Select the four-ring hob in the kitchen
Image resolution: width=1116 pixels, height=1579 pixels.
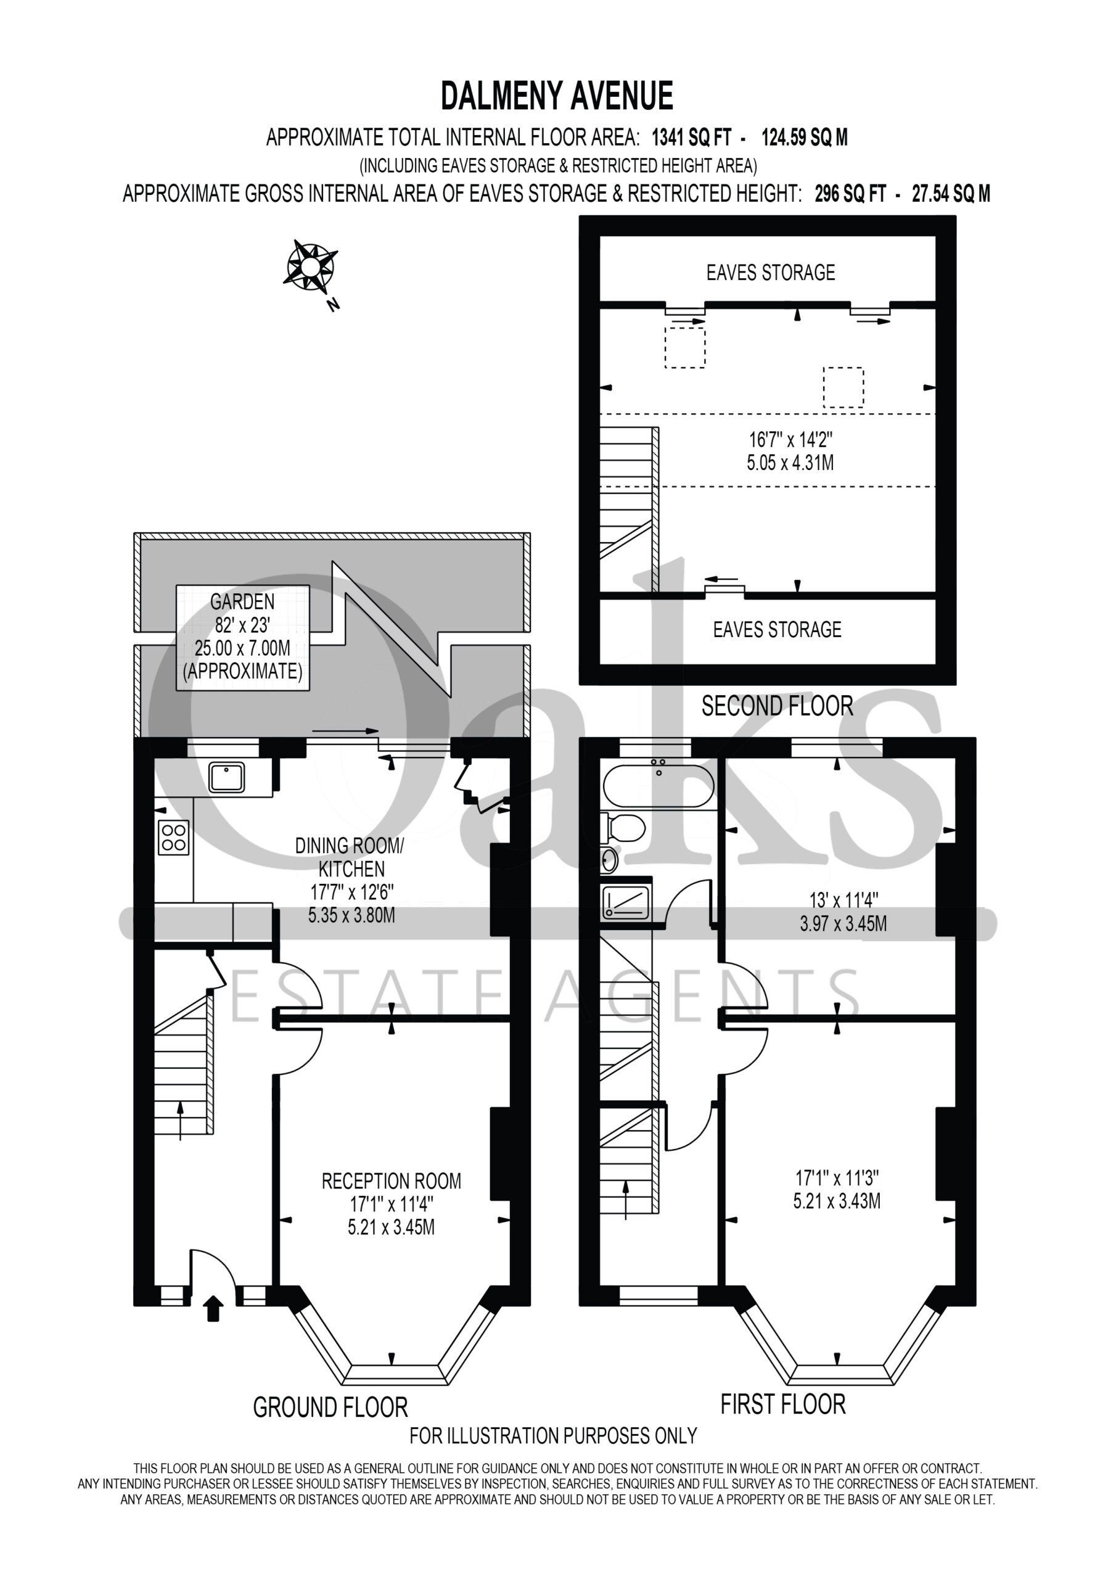pos(173,837)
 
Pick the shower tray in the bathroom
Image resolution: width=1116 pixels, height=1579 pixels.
pos(626,903)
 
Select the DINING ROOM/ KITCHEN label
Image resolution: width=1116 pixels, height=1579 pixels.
pos(350,857)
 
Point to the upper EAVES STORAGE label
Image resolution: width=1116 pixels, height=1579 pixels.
pos(771,273)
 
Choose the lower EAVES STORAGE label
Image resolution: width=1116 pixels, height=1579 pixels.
pos(777,629)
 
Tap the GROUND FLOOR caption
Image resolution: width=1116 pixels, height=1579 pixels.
pos(330,1408)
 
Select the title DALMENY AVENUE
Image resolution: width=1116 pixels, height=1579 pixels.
pos(557,96)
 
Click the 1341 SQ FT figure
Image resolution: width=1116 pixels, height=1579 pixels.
pos(691,138)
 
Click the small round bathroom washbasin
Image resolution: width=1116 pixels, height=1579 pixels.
pos(610,859)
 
